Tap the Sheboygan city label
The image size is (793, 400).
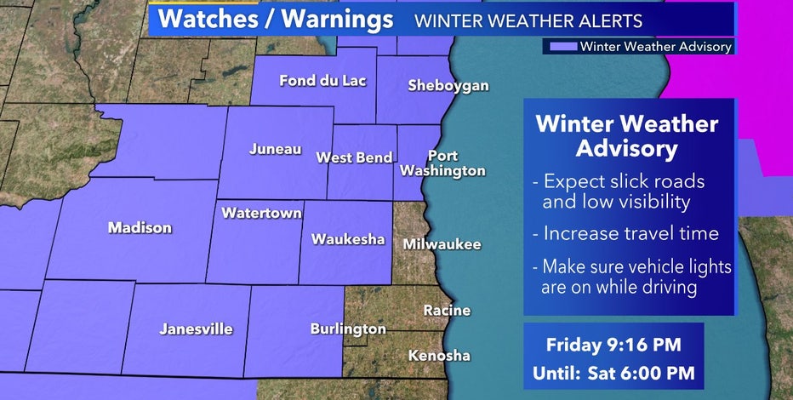click(448, 85)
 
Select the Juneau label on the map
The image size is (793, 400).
click(275, 149)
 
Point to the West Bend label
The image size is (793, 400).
click(354, 157)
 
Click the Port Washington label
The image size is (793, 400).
click(456, 163)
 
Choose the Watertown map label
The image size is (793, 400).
click(261, 213)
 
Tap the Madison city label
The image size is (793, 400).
click(140, 227)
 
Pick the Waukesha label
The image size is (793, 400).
click(348, 238)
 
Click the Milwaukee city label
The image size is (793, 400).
click(442, 244)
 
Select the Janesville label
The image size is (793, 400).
click(197, 329)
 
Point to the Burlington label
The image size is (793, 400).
click(348, 329)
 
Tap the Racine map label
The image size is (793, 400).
click(447, 311)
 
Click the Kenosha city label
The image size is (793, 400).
click(439, 355)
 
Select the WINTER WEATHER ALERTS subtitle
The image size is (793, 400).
click(528, 20)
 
